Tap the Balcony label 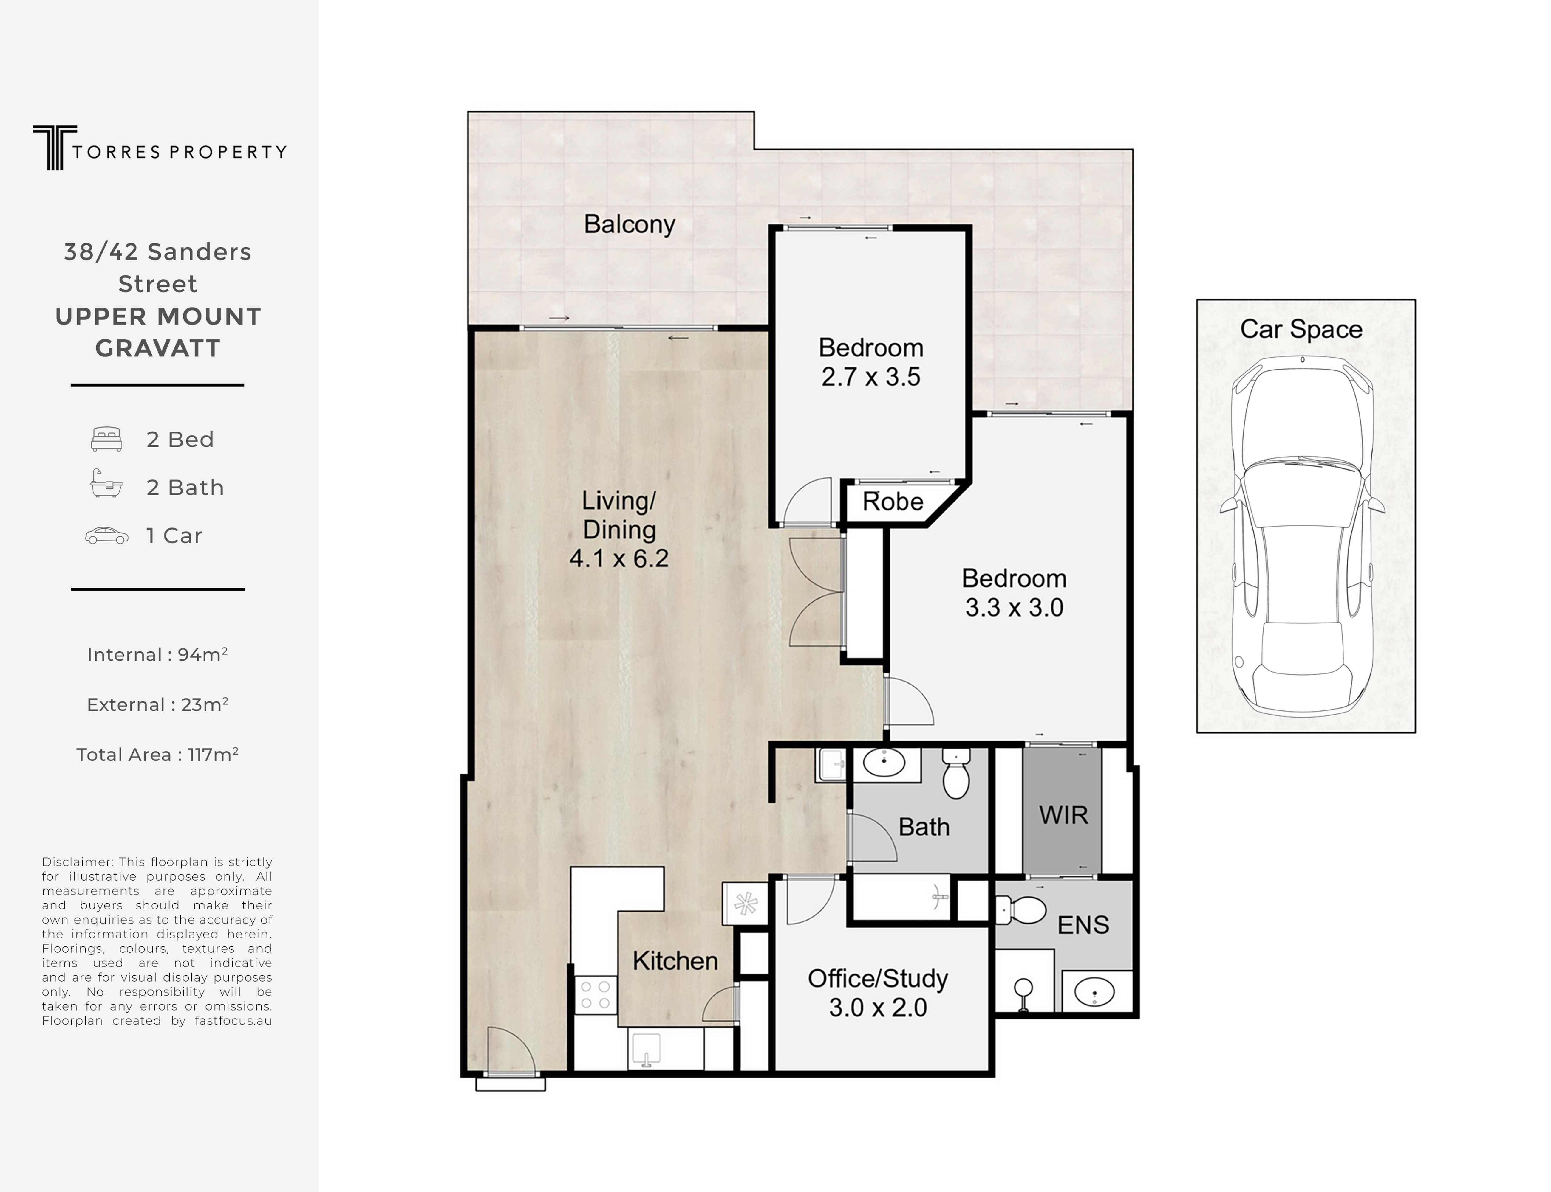[x=629, y=224]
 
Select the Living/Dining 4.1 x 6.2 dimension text [x=618, y=558]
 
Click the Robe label [x=892, y=502]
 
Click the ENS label [x=1083, y=924]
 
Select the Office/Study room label [x=877, y=978]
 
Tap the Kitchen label [x=674, y=961]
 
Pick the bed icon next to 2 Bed [x=106, y=439]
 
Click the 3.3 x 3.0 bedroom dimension [x=1014, y=607]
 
